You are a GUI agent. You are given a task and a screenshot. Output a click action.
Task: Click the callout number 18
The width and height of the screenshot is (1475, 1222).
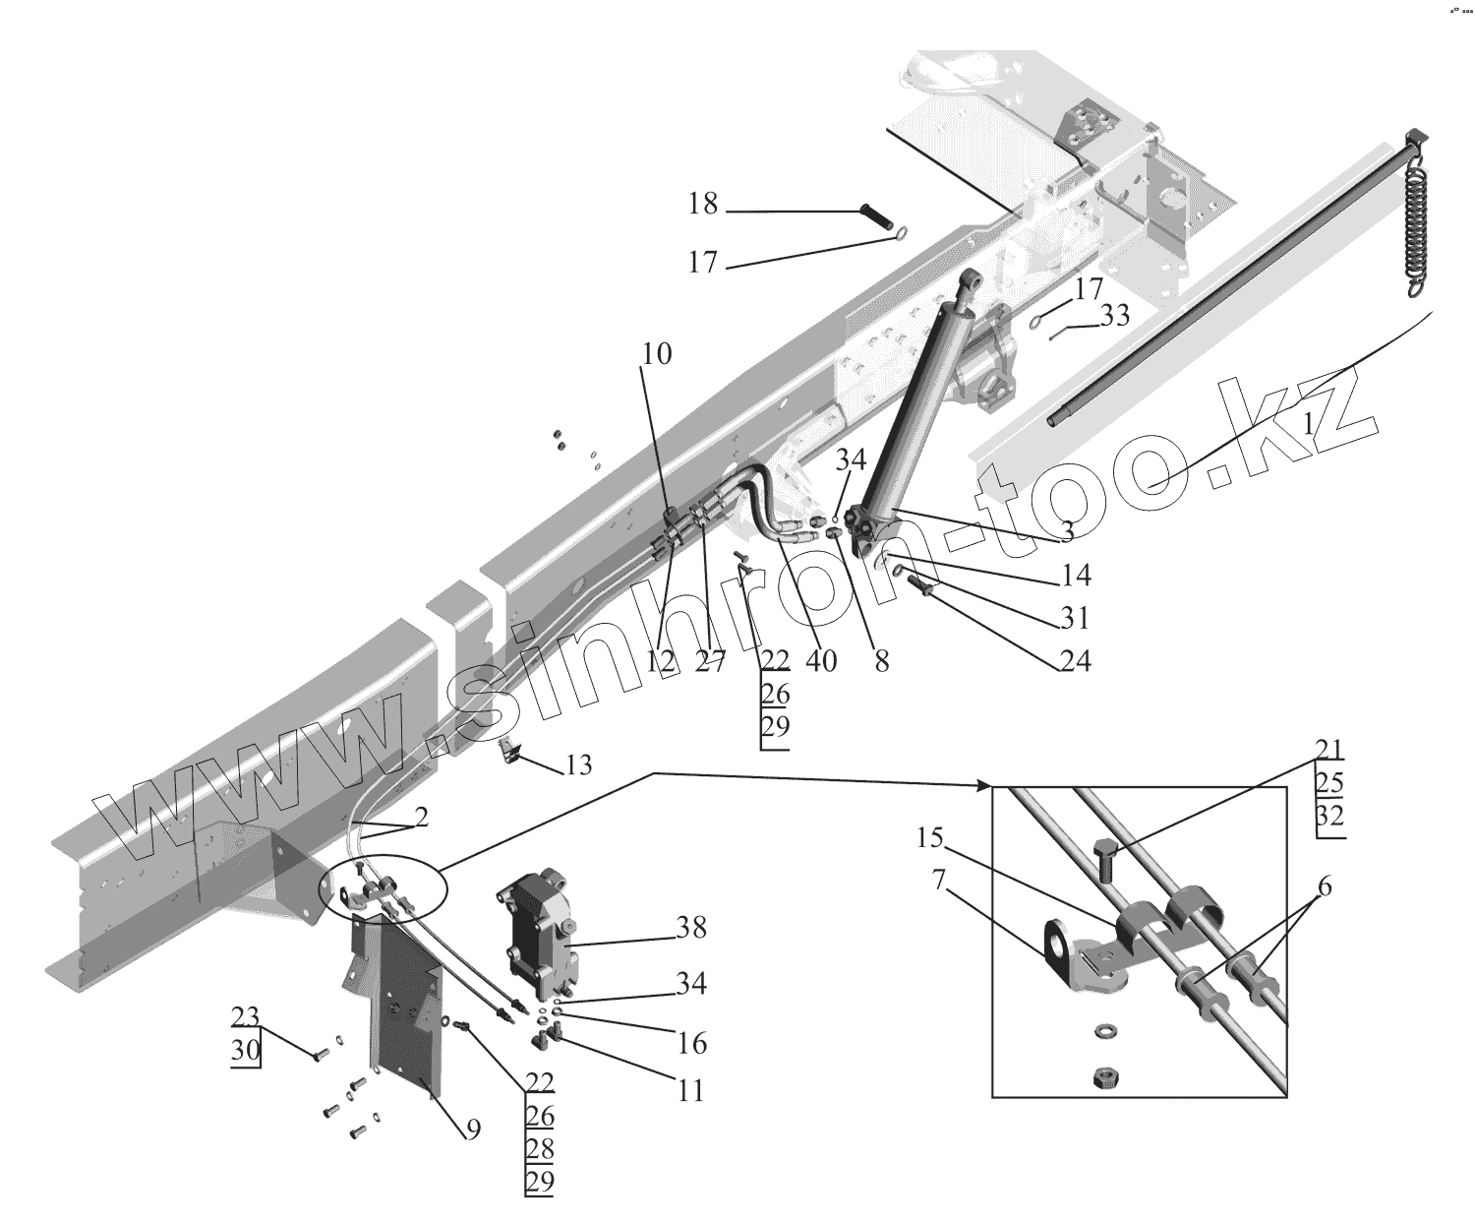(x=703, y=205)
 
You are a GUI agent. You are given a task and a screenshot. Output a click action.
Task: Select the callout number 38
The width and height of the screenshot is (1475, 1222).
(x=690, y=928)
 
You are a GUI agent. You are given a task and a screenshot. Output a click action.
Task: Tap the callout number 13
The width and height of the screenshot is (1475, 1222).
(x=579, y=764)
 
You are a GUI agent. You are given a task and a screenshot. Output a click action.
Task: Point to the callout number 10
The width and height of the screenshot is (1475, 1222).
(x=657, y=354)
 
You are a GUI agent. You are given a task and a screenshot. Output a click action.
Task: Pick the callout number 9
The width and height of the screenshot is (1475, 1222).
(x=472, y=1130)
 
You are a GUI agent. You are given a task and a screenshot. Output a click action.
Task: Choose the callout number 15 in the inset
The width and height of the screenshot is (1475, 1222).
(x=930, y=839)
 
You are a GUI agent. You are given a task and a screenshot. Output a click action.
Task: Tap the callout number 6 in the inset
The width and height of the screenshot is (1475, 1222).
(x=1326, y=886)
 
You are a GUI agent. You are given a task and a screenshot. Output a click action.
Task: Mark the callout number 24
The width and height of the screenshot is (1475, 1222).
(x=1075, y=661)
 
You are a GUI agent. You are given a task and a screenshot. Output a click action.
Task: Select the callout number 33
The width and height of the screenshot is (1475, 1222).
(x=1115, y=317)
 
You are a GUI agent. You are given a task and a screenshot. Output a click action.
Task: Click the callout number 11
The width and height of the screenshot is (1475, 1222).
(x=691, y=1091)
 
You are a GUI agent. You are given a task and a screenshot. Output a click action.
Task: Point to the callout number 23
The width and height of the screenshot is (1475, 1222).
(x=245, y=1016)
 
